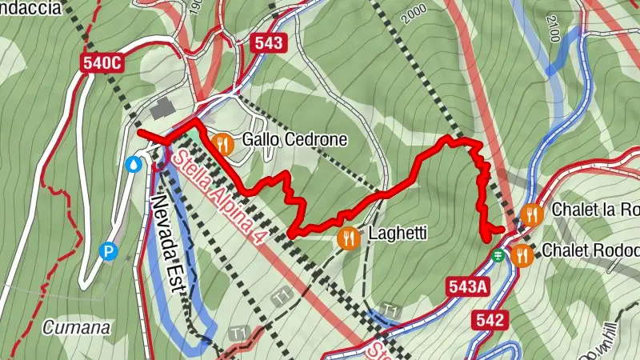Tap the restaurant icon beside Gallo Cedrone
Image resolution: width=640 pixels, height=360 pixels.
223,143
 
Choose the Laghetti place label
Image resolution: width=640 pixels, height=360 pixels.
398,234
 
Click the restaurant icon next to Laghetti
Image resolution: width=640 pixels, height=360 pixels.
349,237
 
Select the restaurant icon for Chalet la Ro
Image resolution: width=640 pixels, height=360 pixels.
532,214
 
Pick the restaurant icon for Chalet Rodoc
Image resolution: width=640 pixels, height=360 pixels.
522,254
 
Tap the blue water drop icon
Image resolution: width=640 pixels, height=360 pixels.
134,164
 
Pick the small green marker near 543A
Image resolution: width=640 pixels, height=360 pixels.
498,255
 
